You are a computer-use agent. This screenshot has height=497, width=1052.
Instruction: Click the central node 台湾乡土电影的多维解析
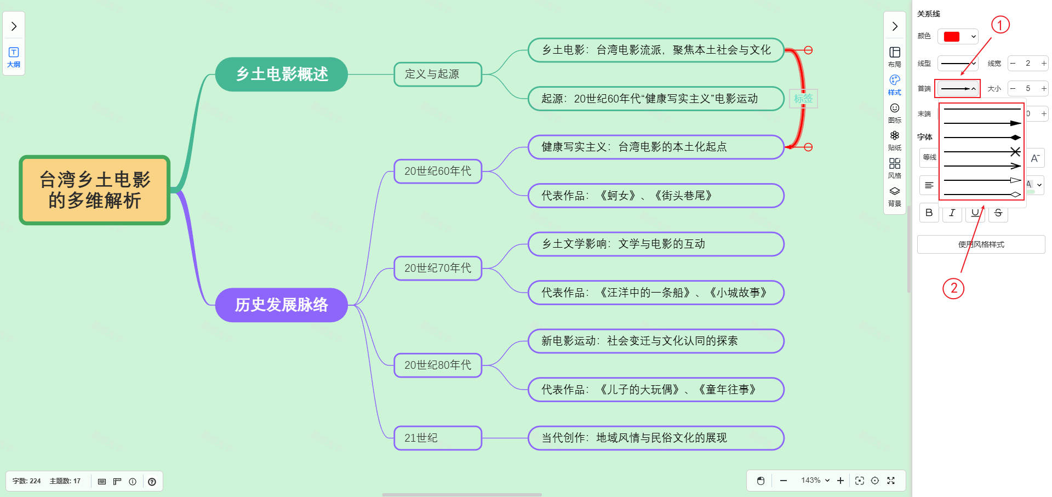click(95, 190)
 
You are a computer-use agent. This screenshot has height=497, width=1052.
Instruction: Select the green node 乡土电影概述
click(282, 74)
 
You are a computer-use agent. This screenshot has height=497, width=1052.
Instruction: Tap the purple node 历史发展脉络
click(282, 305)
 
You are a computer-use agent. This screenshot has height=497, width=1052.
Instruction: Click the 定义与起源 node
click(437, 74)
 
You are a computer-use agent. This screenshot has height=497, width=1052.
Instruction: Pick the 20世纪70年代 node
click(437, 268)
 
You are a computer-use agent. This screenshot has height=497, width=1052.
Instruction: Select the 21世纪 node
click(437, 438)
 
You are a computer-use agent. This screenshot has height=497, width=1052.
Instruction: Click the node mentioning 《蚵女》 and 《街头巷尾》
click(655, 196)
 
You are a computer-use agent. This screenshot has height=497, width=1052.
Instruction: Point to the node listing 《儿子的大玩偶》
click(655, 390)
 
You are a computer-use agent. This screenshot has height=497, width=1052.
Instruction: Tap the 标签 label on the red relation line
click(803, 99)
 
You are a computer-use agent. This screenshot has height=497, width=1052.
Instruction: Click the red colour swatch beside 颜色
click(952, 37)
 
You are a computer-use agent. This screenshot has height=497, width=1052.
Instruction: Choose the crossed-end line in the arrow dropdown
click(982, 152)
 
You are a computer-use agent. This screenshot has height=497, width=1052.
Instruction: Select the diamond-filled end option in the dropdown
click(982, 138)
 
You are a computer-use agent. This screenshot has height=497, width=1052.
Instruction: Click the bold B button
click(929, 213)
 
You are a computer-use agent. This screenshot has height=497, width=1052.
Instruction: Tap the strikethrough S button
click(998, 213)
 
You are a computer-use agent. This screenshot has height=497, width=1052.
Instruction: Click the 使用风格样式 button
click(981, 244)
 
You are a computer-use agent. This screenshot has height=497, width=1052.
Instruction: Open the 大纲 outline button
click(14, 57)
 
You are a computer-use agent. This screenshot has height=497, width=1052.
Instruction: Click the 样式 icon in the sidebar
click(894, 84)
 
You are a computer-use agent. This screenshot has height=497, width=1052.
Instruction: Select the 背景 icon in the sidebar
click(894, 196)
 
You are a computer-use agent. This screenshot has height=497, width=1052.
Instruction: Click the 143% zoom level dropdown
click(815, 481)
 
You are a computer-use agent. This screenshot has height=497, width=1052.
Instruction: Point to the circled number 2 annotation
click(953, 288)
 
